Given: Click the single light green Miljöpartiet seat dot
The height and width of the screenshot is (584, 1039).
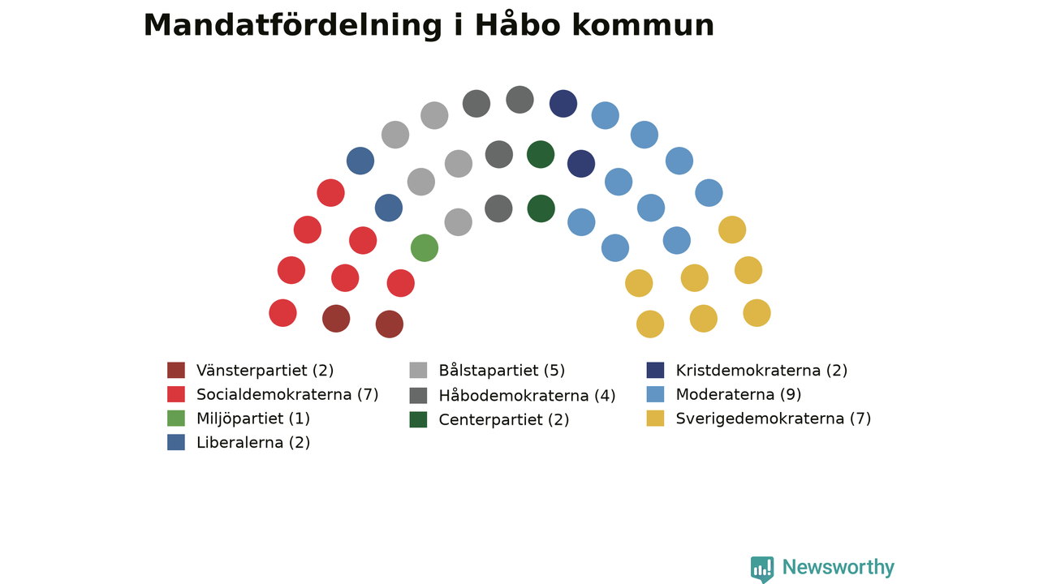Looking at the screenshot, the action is (425, 248).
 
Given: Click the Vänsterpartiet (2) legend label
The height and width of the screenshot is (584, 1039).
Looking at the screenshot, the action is (265, 371).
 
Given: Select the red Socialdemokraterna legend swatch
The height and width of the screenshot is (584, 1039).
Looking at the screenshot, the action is (176, 394).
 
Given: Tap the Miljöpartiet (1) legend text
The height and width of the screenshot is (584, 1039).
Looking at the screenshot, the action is (252, 419).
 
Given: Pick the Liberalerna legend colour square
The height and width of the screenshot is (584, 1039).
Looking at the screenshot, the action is (176, 442).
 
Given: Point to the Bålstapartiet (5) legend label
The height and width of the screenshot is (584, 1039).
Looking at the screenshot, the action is (502, 371).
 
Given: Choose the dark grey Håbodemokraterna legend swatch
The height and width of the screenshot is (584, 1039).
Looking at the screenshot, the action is (418, 395).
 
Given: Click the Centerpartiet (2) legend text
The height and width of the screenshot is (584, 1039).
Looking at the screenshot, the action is (504, 419).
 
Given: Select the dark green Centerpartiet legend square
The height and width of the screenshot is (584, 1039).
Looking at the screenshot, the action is (418, 419).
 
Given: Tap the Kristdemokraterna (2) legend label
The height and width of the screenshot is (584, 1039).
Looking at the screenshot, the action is (761, 371).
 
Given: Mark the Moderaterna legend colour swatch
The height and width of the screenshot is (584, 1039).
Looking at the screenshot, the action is (655, 394).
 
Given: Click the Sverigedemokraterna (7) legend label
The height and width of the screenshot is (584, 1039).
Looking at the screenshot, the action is (774, 419).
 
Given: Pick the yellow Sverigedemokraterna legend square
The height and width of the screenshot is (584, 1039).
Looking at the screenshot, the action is (655, 419).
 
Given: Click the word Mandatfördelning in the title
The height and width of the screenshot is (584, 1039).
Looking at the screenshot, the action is (293, 25).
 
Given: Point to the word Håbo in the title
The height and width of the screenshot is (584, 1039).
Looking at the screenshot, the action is (518, 24).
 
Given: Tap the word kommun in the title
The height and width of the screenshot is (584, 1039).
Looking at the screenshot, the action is (643, 26).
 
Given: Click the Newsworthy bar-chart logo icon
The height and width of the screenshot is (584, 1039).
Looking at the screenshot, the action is (762, 569).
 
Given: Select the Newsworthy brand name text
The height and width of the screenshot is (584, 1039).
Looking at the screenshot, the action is (839, 567).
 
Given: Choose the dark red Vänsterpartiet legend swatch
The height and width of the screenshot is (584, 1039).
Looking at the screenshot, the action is (176, 371).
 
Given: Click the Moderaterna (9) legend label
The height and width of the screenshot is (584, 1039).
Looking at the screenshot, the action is (739, 394).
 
